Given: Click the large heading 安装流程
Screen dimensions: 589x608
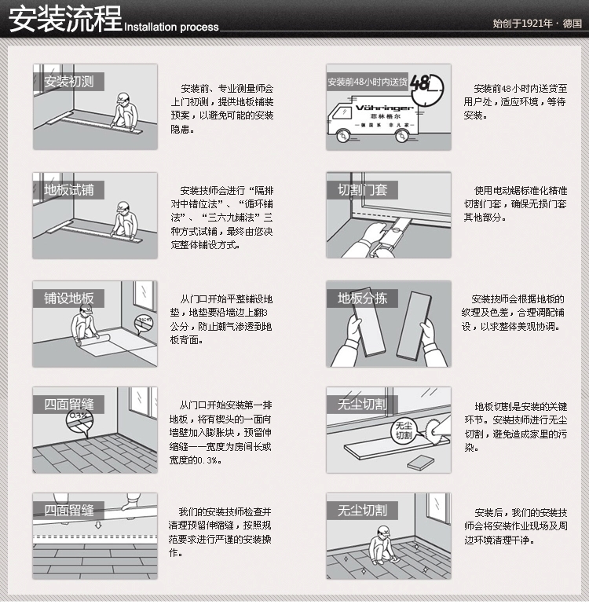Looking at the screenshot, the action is [65, 19].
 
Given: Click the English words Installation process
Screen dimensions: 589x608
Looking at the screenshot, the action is [171, 27].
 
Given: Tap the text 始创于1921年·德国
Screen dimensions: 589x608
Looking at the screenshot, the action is [537, 24].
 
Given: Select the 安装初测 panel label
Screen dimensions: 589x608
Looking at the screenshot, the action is [68, 82].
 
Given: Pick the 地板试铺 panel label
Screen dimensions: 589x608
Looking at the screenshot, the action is [68, 190].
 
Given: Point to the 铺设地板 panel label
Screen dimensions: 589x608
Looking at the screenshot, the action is [68, 299].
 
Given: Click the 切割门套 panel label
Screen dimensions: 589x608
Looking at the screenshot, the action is [362, 190].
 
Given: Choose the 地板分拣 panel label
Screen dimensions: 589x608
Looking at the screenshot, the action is [362, 299].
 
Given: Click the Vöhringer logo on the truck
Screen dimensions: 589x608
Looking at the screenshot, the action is [384, 108].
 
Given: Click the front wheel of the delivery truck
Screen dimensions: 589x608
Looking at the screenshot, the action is [342, 137].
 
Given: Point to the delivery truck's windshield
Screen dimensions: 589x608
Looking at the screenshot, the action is [340, 113].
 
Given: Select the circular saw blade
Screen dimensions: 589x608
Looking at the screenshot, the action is [432, 430].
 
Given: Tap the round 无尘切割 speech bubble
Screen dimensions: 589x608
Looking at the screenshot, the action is [404, 430].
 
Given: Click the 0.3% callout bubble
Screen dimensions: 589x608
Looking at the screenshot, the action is [79, 422].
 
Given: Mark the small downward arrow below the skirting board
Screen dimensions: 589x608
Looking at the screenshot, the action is [98, 525].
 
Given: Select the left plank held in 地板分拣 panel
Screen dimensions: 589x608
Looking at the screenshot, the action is [368, 321].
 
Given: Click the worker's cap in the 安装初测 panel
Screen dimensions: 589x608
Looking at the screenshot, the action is [123, 97].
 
